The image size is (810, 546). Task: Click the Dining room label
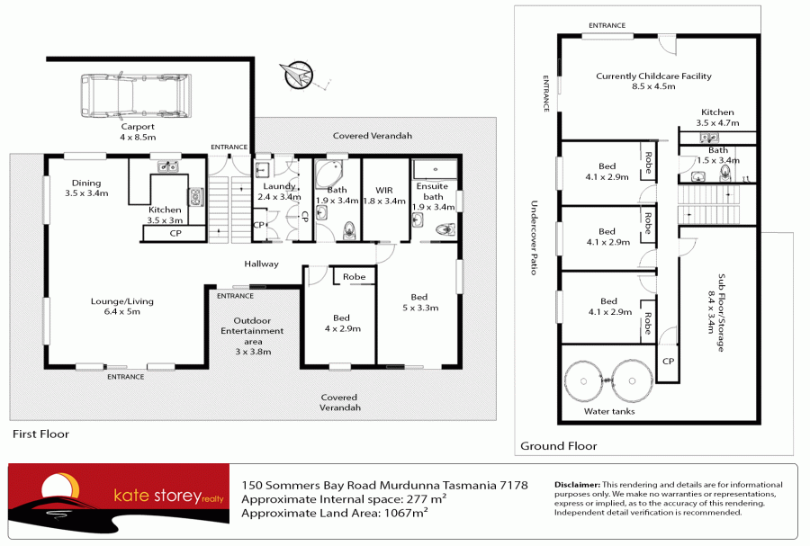tap(86, 187)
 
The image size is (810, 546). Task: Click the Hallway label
tap(261, 264)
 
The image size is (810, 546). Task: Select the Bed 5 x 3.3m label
tap(418, 302)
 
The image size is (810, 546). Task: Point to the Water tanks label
tap(609, 411)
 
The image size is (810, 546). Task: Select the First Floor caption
tap(40, 434)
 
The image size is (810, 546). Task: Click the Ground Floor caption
tap(558, 445)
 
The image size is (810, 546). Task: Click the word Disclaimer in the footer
tap(577, 485)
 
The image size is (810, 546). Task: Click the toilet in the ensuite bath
tap(442, 230)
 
